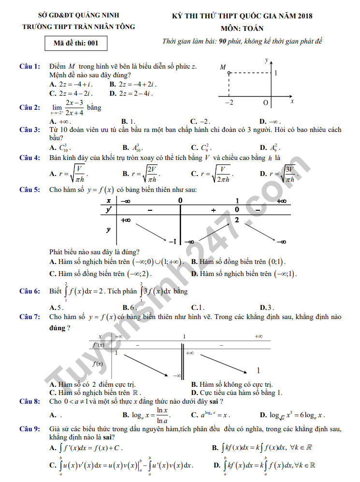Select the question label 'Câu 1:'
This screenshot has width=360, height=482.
(29, 66)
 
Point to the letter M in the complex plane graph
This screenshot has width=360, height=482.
(223, 67)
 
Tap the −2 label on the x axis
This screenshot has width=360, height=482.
(230, 102)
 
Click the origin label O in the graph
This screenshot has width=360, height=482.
(265, 102)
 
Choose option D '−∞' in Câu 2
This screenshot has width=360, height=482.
(271, 121)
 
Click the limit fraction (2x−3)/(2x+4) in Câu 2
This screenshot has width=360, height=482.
(74, 108)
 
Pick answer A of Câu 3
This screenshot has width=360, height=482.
(60, 147)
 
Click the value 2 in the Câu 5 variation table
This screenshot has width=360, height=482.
(237, 220)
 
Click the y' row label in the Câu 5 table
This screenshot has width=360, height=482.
(109, 210)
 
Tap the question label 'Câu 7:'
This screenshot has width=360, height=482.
(29, 317)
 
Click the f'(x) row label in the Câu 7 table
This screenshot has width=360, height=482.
(98, 345)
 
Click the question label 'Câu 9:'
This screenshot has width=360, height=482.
(29, 429)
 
